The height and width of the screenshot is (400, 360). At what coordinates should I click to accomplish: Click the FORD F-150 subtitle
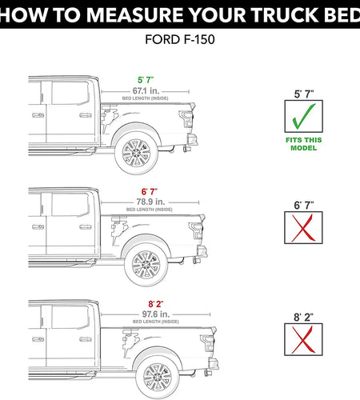pos(180,39)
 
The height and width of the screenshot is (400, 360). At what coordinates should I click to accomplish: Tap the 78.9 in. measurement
pos(146,202)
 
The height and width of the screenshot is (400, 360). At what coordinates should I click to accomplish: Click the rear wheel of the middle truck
pos(146,264)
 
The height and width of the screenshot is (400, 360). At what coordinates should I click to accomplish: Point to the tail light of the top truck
pos(186,120)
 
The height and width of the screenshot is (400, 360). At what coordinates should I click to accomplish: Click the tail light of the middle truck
pos(194,231)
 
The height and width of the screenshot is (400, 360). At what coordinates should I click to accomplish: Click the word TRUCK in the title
pos(270,14)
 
